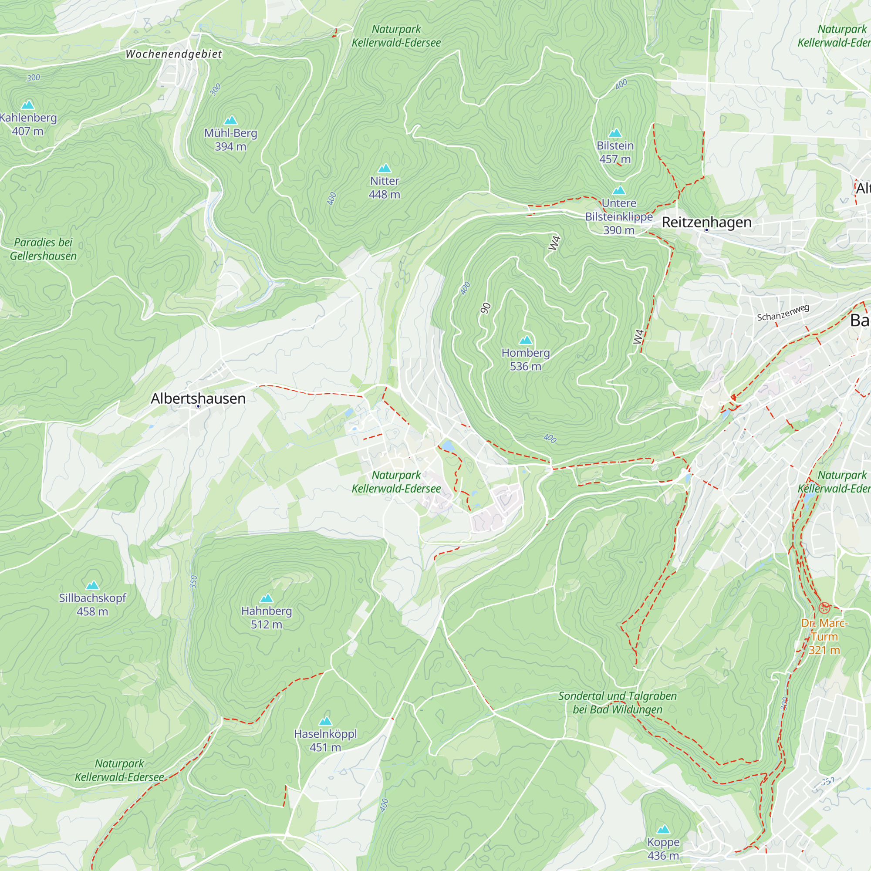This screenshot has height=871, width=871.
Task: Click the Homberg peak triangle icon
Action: pyautogui.click(x=526, y=340)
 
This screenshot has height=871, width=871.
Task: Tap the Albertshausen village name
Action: pyautogui.click(x=198, y=398)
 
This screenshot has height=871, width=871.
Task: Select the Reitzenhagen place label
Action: pyautogui.click(x=706, y=222)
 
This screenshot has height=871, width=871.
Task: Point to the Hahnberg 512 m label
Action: pyautogui.click(x=267, y=617)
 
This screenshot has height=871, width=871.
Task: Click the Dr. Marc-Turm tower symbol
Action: pyautogui.click(x=824, y=608)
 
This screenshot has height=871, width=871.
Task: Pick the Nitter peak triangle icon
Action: pyautogui.click(x=385, y=168)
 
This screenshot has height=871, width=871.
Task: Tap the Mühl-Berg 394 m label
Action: pyautogui.click(x=230, y=139)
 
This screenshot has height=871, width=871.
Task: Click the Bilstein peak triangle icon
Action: pyautogui.click(x=615, y=132)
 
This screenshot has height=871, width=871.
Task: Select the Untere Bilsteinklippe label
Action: pyautogui.click(x=619, y=216)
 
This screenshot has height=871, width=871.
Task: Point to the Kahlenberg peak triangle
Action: pyautogui.click(x=28, y=105)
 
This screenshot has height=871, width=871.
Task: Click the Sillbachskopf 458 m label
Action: pyautogui.click(x=92, y=604)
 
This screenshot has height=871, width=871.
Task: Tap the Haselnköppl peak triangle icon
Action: pyautogui.click(x=325, y=721)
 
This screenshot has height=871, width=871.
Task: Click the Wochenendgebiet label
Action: pyautogui.click(x=174, y=54)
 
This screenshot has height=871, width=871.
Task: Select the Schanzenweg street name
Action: pyautogui.click(x=783, y=312)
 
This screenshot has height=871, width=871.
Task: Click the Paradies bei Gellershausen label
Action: pyautogui.click(x=43, y=249)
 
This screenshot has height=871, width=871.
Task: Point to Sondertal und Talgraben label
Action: pyautogui.click(x=617, y=702)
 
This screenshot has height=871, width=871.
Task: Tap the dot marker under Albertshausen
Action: pyautogui.click(x=198, y=407)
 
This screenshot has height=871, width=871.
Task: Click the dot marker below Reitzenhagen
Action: pyautogui.click(x=706, y=230)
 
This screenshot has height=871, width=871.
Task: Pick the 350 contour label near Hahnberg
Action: pyautogui.click(x=193, y=581)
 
